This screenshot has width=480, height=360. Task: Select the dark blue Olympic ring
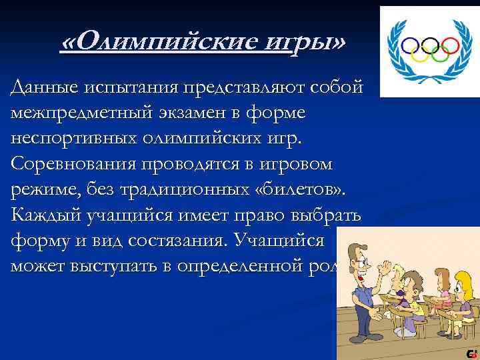click(x=409, y=45)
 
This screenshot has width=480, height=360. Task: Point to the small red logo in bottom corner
click(x=471, y=352)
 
